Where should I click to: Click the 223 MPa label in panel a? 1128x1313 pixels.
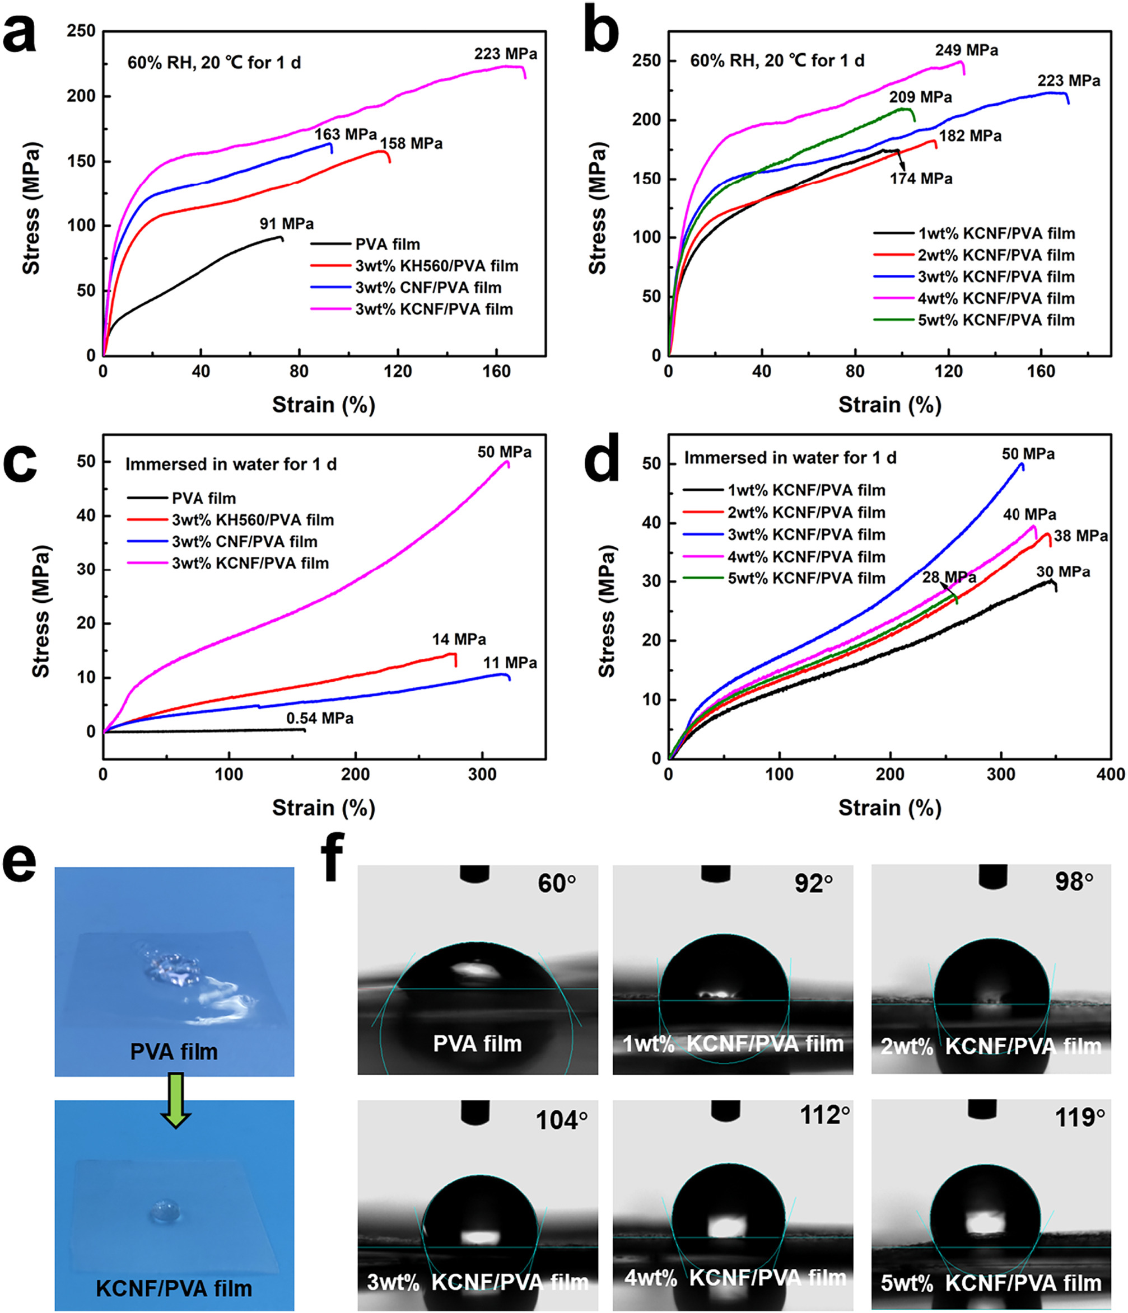(505, 54)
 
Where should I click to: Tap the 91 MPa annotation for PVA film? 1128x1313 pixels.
(286, 224)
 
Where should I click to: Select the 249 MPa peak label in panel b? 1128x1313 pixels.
(966, 50)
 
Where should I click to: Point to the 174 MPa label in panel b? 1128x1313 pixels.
(921, 179)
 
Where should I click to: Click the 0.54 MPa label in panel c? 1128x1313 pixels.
(320, 718)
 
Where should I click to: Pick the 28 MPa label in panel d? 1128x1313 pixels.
(949, 576)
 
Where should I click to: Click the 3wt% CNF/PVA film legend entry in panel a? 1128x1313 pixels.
(428, 288)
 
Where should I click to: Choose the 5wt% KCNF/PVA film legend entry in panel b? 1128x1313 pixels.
(995, 320)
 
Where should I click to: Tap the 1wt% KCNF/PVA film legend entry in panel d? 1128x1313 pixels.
(806, 490)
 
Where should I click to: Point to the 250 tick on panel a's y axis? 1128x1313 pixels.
(81, 31)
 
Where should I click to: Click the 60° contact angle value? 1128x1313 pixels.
(557, 884)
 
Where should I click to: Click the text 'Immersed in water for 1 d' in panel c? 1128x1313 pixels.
(231, 465)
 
